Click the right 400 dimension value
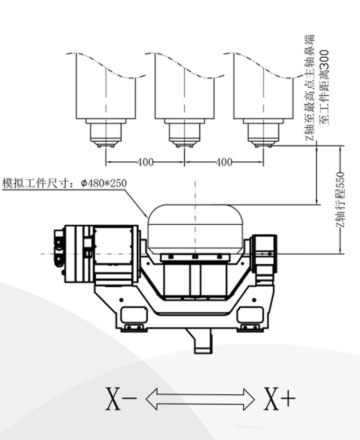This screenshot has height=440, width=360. click(x=224, y=162)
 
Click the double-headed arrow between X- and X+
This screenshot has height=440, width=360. click(x=200, y=398)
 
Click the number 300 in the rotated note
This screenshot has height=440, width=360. click(x=324, y=60)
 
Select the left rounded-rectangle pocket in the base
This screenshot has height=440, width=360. click(x=133, y=315)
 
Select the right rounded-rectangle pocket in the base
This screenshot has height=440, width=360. click(x=250, y=315)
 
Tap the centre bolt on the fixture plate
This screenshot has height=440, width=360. click(x=195, y=257)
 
